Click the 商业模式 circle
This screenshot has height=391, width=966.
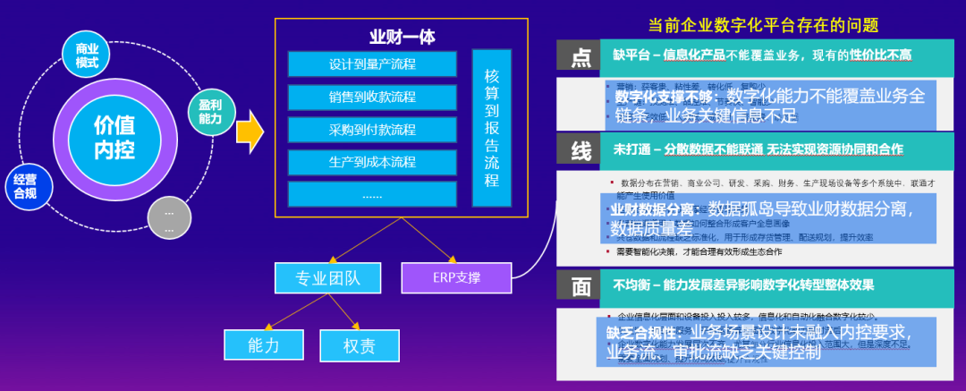pos(87,55)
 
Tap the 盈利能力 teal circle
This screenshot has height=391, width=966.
pos(210,111)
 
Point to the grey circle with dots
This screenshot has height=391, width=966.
pos(169,217)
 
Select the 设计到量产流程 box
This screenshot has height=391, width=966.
pos(372,65)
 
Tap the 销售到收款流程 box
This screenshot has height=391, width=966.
pos(372,98)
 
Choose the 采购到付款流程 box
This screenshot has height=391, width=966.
pos(372,130)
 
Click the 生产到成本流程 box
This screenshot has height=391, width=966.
pos(372,163)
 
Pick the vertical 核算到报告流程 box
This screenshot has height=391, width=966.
pos(492,129)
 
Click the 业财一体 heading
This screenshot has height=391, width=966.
pos(402,38)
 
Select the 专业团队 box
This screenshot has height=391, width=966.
pos(328,278)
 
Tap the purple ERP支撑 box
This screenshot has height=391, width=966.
pos(455,277)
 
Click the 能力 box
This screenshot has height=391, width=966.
pos(264,344)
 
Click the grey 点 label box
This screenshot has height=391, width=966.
pos(580,58)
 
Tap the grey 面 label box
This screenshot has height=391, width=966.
pos(580,286)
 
